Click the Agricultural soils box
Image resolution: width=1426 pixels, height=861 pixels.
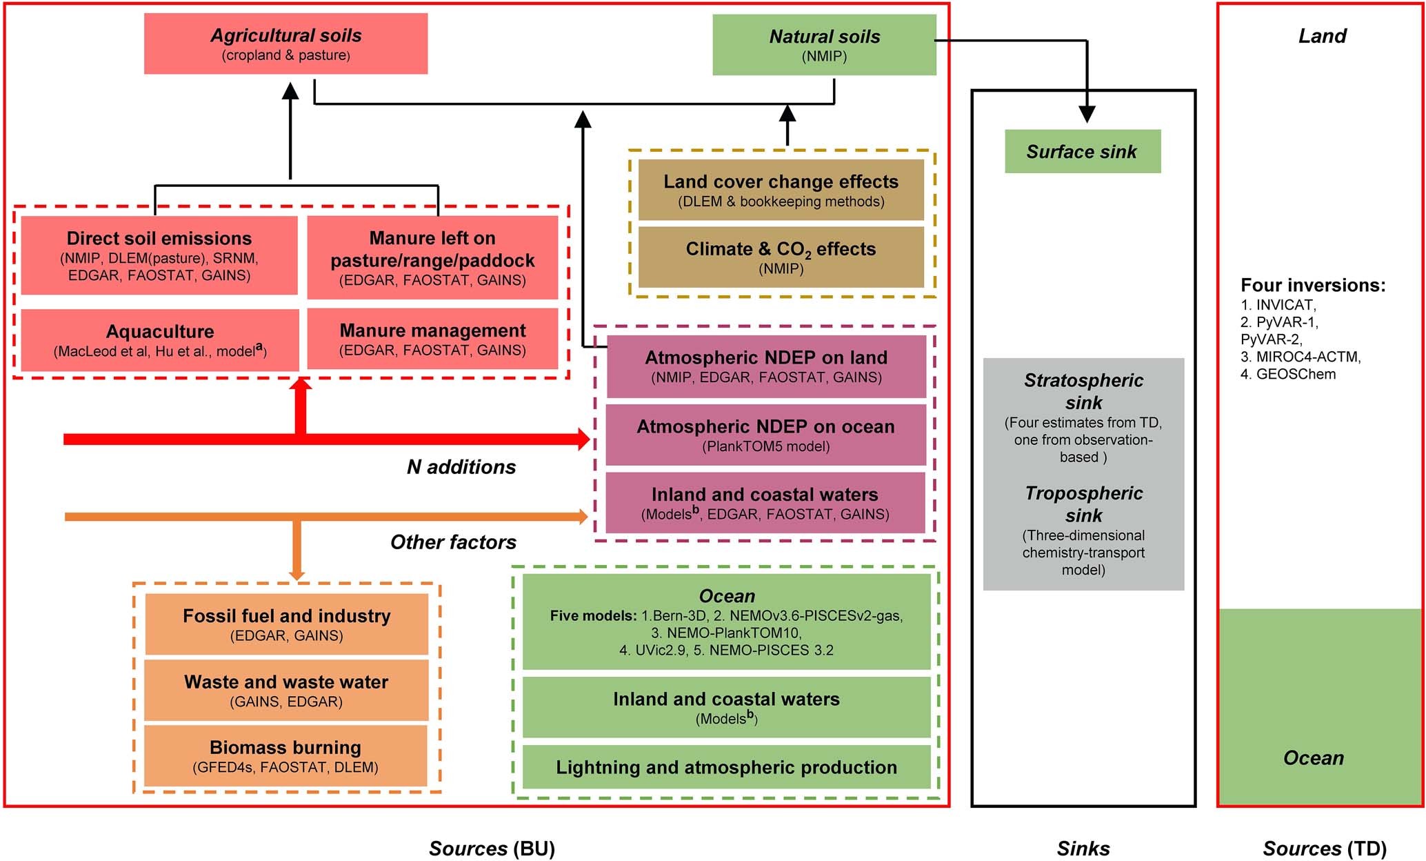coord(285,43)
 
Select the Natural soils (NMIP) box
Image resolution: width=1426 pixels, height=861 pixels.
coord(824,45)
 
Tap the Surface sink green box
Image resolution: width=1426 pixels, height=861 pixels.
coord(1082,151)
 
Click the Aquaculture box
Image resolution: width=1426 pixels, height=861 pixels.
coord(160,340)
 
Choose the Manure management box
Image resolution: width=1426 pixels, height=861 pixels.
coord(432,339)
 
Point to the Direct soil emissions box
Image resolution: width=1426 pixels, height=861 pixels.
coord(159,255)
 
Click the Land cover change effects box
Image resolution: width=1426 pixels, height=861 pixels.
coord(781,190)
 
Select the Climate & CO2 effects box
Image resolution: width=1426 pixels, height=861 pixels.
coord(781,257)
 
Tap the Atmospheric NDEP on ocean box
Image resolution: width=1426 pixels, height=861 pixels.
coord(765,435)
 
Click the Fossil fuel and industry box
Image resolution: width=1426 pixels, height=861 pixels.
coord(286,624)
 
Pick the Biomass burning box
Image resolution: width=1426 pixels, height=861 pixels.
coord(285,755)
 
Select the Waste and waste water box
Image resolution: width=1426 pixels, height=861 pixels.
coord(286,690)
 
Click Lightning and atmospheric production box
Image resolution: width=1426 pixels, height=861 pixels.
coord(726,766)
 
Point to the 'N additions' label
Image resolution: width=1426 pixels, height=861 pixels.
coord(461,467)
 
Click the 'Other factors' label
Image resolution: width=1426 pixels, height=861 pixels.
coord(453,542)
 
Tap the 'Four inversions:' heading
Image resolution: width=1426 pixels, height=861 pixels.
coord(1312,285)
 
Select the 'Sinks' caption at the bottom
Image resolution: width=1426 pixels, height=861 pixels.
coord(1083,849)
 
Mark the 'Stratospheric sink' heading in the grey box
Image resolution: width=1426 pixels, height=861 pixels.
coord(1083,390)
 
